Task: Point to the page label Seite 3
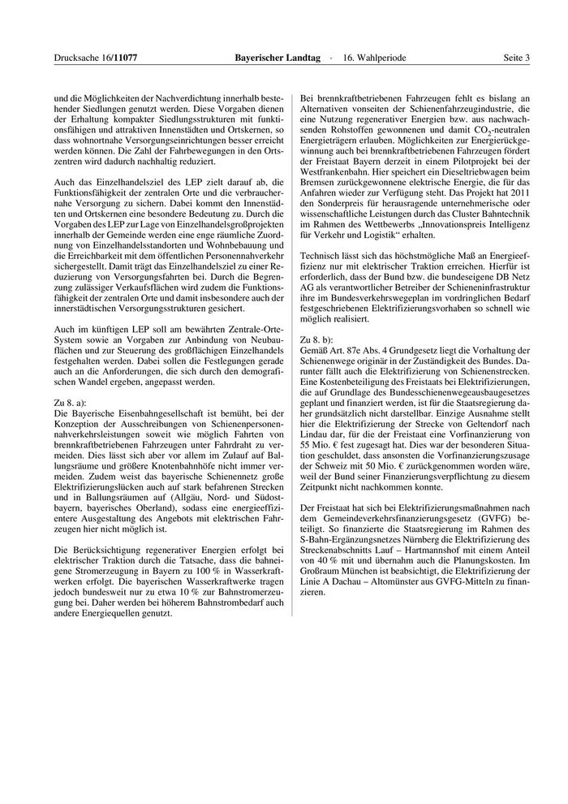(x=516, y=58)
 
